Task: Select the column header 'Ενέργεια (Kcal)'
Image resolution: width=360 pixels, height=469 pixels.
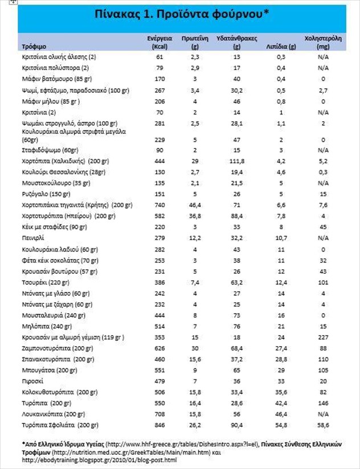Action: (159, 42)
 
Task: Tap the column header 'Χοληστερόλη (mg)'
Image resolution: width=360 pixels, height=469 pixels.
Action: (323, 42)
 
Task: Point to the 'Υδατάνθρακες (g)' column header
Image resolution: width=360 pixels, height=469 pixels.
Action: (237, 42)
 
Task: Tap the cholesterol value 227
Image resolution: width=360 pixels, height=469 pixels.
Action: (323, 337)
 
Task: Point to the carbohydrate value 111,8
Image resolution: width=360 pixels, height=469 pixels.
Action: (237, 161)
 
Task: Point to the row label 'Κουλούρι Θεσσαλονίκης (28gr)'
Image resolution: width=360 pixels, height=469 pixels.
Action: (61, 171)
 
